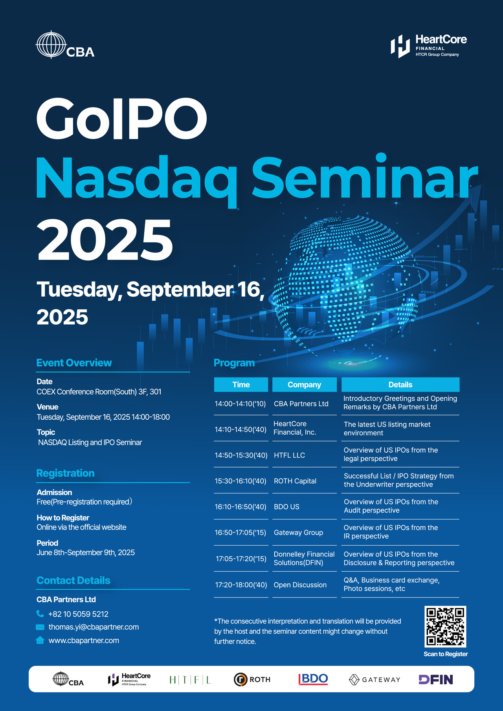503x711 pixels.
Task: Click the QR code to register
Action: pyautogui.click(x=445, y=627)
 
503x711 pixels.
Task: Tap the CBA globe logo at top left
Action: pyautogui.click(x=65, y=45)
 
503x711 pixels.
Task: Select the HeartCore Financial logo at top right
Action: pyautogui.click(x=429, y=46)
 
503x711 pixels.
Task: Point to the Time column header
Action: pyautogui.click(x=241, y=385)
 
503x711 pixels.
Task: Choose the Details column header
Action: pyautogui.click(x=400, y=385)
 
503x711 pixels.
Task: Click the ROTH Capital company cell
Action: pyautogui.click(x=295, y=481)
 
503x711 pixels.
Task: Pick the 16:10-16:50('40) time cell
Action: pyautogui.click(x=240, y=507)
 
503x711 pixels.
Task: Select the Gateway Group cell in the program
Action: pyautogui.click(x=298, y=532)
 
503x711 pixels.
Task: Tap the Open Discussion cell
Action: pyautogui.click(x=300, y=585)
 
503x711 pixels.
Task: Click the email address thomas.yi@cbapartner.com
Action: pyautogui.click(x=94, y=627)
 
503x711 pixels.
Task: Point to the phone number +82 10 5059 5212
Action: pyautogui.click(x=78, y=614)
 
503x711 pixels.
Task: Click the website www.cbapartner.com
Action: pyautogui.click(x=84, y=640)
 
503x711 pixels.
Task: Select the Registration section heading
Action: pyautogui.click(x=65, y=473)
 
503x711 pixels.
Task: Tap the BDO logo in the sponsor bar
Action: pyautogui.click(x=313, y=679)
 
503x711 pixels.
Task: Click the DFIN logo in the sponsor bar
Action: pyautogui.click(x=436, y=680)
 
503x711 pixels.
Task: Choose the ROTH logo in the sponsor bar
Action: pyautogui.click(x=252, y=680)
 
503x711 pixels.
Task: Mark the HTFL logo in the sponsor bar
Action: pyautogui.click(x=190, y=680)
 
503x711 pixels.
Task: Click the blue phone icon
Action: pyautogui.click(x=40, y=614)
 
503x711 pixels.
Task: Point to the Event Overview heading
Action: pyautogui.click(x=74, y=363)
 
